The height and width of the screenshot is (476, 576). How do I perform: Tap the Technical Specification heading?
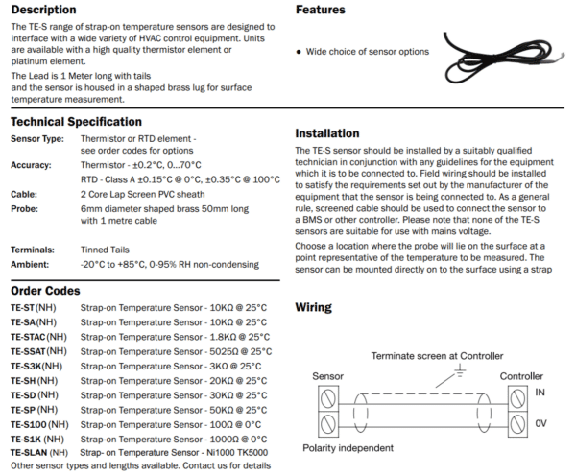click(76, 122)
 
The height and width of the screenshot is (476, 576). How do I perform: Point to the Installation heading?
click(327, 133)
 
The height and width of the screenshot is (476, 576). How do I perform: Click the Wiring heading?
click(313, 308)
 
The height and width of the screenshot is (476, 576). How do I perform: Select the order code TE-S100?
click(33, 423)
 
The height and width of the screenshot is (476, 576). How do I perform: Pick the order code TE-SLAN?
click(33, 452)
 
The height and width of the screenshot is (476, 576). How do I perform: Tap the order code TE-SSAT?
click(33, 351)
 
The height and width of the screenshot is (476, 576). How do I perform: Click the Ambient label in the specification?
click(30, 264)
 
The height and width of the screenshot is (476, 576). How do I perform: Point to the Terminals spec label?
click(33, 249)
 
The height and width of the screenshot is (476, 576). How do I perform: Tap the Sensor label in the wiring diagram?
click(328, 376)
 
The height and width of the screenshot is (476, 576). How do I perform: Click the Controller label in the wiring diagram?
click(521, 376)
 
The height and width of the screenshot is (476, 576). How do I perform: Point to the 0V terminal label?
click(540, 422)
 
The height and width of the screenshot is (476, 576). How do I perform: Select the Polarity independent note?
click(348, 447)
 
